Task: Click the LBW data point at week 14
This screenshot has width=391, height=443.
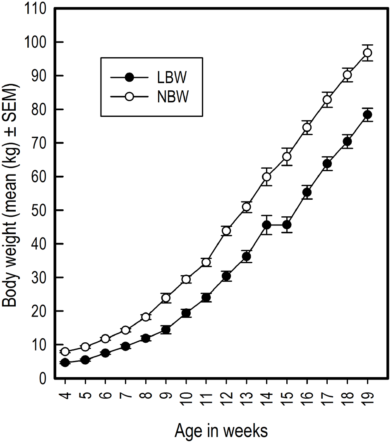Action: (x=267, y=225)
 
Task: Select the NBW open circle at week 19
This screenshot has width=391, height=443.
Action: (x=367, y=53)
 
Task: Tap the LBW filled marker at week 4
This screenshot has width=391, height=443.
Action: (x=65, y=363)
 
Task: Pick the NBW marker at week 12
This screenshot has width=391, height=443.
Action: (x=226, y=231)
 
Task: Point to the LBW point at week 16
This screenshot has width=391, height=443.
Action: (x=307, y=192)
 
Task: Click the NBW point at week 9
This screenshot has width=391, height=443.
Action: (x=166, y=298)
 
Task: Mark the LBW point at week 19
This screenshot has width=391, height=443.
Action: (x=367, y=115)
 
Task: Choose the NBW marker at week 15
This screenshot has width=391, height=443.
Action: (x=287, y=157)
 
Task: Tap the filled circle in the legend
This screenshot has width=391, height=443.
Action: (x=130, y=77)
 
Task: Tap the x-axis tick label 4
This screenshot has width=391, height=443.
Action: (x=65, y=399)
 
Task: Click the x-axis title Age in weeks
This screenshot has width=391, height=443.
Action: (x=221, y=431)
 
